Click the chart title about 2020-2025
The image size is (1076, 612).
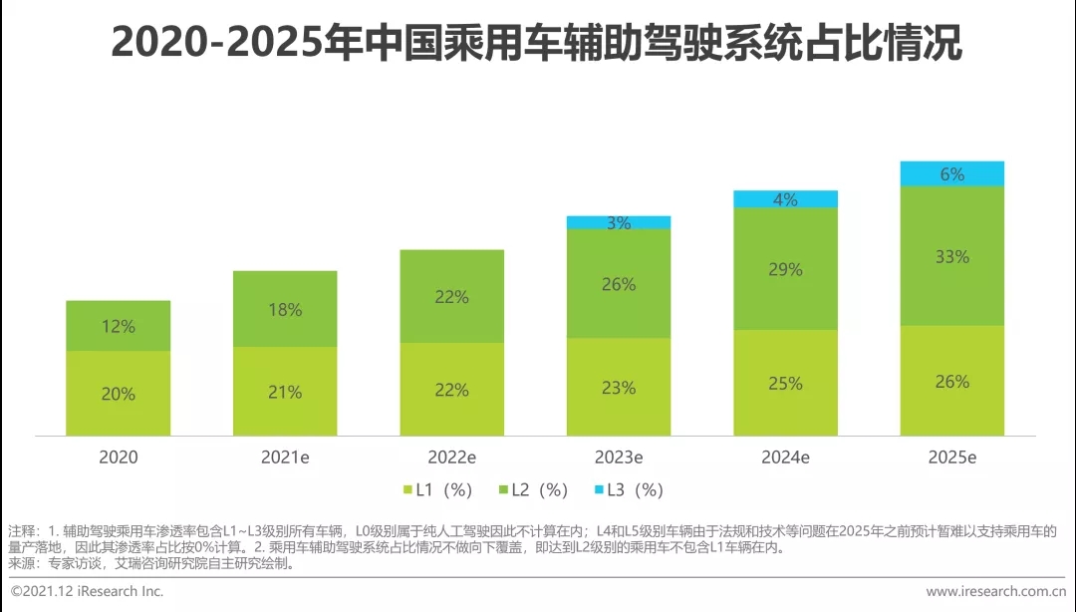click(x=537, y=43)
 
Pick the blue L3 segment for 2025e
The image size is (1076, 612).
click(x=951, y=173)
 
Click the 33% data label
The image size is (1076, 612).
click(x=951, y=256)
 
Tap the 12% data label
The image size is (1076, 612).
click(x=118, y=326)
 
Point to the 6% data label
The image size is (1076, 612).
click(x=951, y=174)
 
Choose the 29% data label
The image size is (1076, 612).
click(x=785, y=269)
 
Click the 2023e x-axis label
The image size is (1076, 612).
click(x=619, y=458)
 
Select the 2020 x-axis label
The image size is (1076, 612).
click(x=118, y=458)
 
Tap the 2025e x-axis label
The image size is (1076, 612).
click(x=951, y=458)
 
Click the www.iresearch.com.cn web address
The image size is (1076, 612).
click(x=996, y=591)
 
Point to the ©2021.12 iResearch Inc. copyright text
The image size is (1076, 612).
click(x=87, y=591)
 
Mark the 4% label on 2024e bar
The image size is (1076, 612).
click(x=785, y=199)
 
